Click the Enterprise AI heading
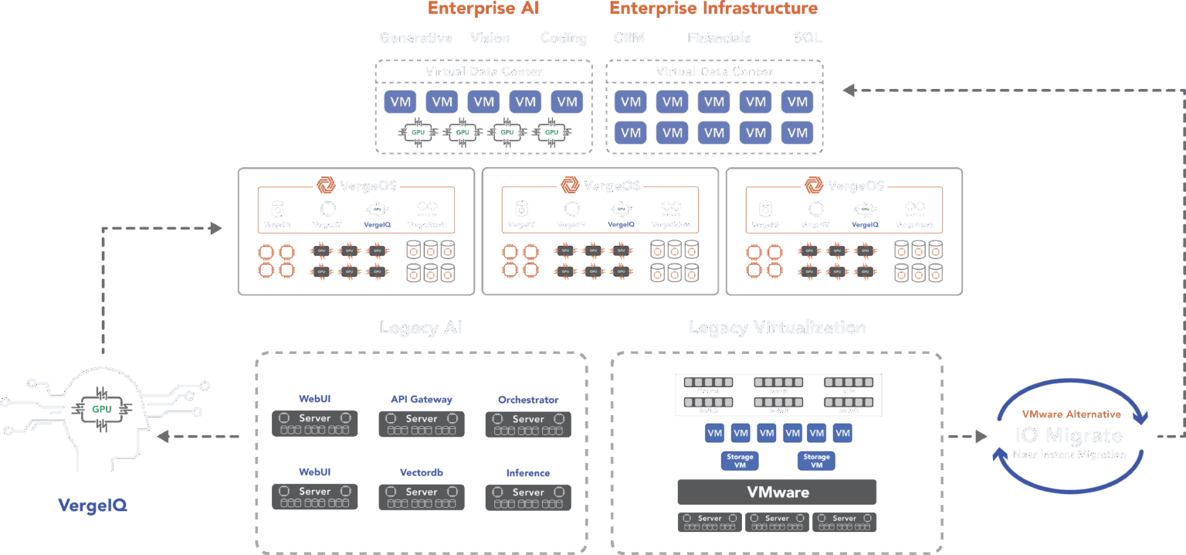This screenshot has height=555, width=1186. (x=483, y=9)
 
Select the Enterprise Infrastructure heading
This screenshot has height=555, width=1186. (x=713, y=9)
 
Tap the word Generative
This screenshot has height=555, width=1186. (x=416, y=38)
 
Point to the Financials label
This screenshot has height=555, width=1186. (x=719, y=38)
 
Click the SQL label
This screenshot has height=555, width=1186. (x=807, y=38)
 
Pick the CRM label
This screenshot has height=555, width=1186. (x=629, y=38)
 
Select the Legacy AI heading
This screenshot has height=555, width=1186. (x=421, y=328)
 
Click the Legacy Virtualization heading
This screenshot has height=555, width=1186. (x=777, y=328)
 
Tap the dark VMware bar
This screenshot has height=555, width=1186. (x=777, y=492)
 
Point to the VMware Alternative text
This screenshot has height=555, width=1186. (x=1070, y=414)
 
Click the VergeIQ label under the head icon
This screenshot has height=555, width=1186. (x=93, y=506)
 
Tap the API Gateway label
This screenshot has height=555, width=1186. (x=421, y=400)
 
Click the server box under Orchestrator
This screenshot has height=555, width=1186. (x=528, y=424)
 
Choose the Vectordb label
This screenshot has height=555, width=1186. (x=421, y=472)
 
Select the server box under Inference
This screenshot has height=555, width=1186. (x=528, y=497)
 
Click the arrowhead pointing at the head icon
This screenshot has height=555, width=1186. (x=162, y=437)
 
